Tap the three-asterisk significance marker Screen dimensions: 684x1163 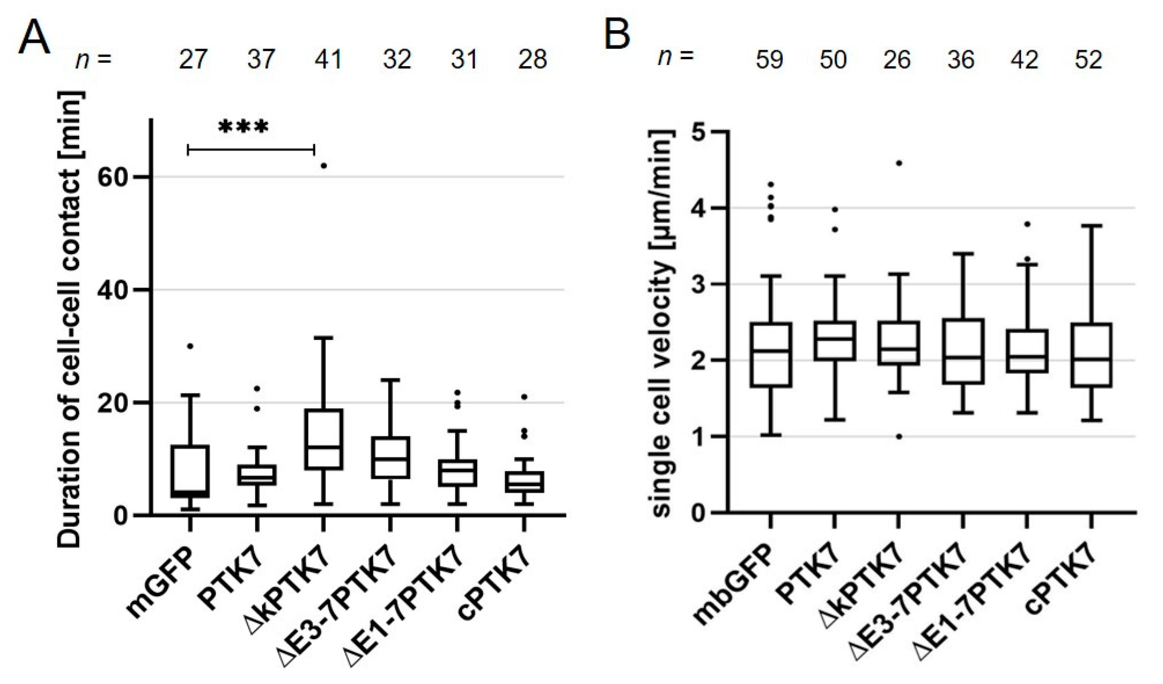click(243, 127)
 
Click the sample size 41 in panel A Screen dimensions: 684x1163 click(328, 60)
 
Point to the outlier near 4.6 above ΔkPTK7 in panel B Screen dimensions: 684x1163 click(899, 163)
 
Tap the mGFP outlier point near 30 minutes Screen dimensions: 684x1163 click(190, 346)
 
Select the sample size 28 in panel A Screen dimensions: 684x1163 click(532, 60)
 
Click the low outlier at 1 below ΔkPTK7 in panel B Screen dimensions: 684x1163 click(899, 436)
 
